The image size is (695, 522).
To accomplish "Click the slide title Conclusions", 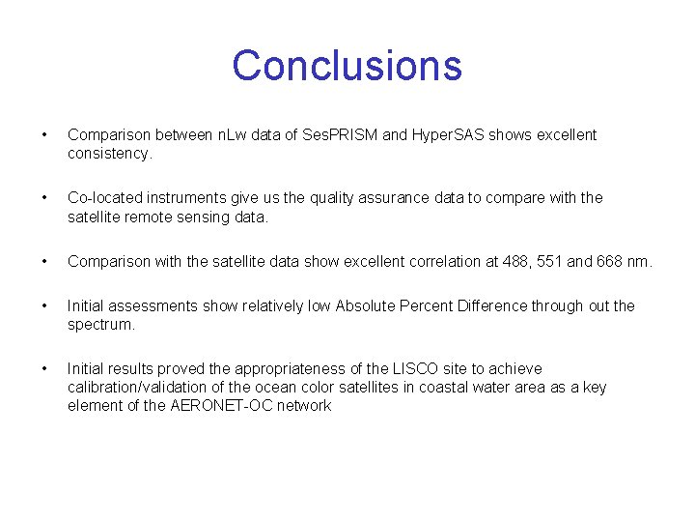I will click(x=347, y=66).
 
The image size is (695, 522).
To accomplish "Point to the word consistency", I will click(x=109, y=154).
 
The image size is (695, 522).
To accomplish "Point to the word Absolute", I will click(x=365, y=306).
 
